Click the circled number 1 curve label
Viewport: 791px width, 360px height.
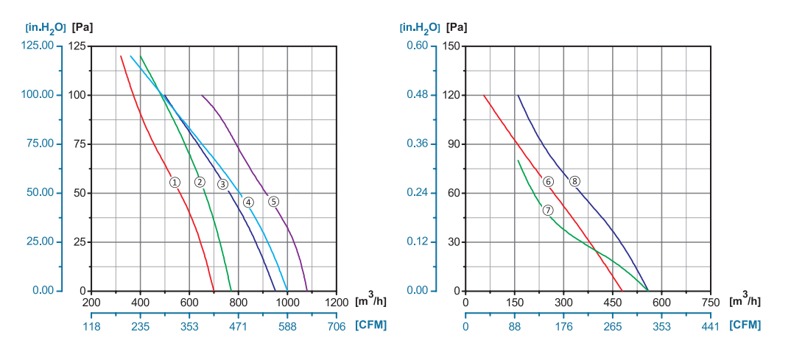[x=175, y=182]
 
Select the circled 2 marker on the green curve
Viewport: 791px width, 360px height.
[x=200, y=182]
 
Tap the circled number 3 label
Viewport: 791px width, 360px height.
[x=222, y=183]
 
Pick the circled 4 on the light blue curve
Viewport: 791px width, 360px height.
[x=248, y=202]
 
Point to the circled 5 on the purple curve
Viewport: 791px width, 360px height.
[x=273, y=201]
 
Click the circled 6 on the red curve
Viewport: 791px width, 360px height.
[x=548, y=181]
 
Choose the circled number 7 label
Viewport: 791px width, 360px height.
[x=548, y=210]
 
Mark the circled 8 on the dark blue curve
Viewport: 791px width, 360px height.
[x=574, y=180]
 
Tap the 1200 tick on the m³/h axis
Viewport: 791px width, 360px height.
[x=336, y=302]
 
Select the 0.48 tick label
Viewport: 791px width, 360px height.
[x=417, y=95]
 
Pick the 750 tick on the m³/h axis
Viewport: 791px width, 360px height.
[x=710, y=302]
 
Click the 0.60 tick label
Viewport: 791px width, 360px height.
[x=417, y=46]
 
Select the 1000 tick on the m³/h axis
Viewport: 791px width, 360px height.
[x=287, y=302]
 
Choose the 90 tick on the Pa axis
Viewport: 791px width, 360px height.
[x=454, y=144]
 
